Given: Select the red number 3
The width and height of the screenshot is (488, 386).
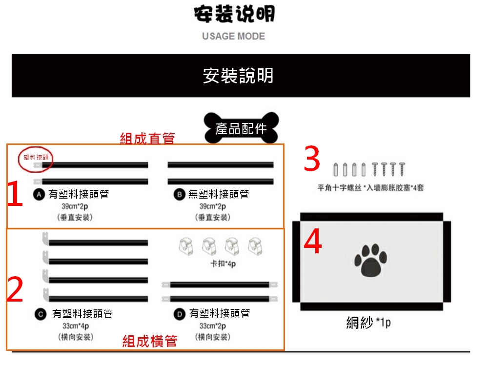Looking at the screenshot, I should point(312,160).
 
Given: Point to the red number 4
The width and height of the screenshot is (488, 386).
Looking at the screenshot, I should point(313,243).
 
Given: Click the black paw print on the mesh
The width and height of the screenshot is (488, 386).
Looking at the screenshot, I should point(371,260).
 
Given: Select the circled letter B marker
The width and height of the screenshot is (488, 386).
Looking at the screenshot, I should point(180,195).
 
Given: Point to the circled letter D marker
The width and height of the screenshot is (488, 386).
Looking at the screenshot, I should point(180,314).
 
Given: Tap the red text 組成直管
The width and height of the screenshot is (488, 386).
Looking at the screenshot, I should point(147,139).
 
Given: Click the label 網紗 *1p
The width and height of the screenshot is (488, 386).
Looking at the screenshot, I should point(368,323).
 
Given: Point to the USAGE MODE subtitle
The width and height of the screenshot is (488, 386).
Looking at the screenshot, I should point(234,37).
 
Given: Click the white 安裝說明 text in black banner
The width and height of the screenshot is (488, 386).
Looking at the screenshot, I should point(238,76).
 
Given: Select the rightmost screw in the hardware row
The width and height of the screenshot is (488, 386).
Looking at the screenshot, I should point(402,169).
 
